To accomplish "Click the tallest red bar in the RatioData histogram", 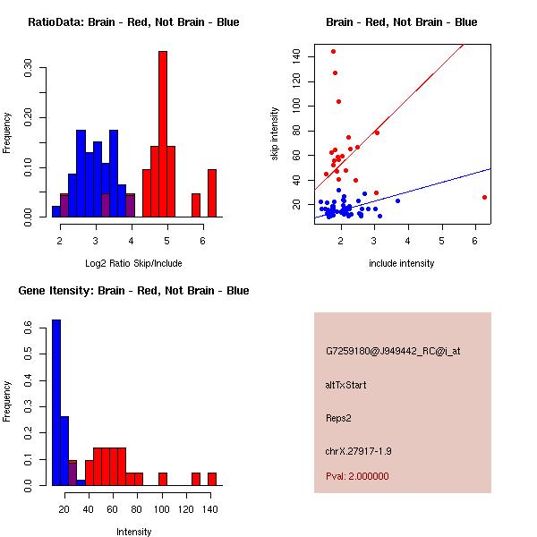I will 163,134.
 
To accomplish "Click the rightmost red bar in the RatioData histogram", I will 211,193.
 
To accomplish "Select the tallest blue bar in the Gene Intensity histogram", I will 55,403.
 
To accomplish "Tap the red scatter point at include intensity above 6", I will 484,197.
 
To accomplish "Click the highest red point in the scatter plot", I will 333,51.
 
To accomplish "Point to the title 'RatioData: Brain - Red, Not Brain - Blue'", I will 133,22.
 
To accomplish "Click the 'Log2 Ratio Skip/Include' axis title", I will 133,263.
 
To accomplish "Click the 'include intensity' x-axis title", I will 402,263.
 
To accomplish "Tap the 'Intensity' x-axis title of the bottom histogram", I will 134,532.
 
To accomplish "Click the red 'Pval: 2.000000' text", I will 357,476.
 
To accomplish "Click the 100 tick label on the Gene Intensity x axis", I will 161,509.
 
